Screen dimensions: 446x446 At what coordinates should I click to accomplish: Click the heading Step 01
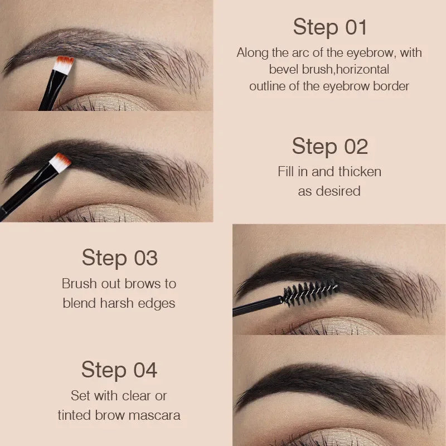pyautogui.click(x=329, y=27)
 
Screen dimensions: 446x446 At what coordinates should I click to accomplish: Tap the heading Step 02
pyautogui.click(x=329, y=147)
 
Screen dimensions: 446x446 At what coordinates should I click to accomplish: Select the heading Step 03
pyautogui.click(x=119, y=258)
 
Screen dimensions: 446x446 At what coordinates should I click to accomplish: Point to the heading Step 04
pyautogui.click(x=119, y=370)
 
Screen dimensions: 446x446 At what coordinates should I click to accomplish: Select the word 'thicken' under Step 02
pyautogui.click(x=358, y=172)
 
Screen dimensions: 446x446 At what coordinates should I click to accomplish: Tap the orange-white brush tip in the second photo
pyautogui.click(x=60, y=162)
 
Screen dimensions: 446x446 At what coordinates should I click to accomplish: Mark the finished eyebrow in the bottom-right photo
pyautogui.click(x=334, y=385)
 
